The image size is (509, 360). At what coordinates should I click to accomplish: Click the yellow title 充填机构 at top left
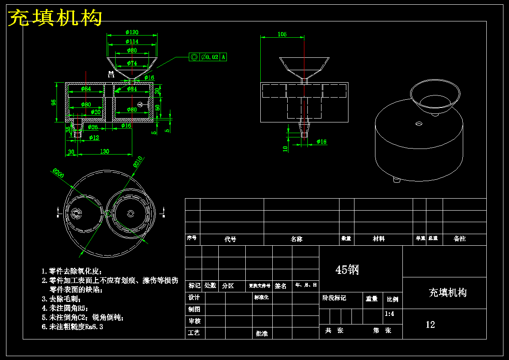click(x=56, y=18)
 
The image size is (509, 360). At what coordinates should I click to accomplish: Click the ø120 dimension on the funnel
click(x=132, y=33)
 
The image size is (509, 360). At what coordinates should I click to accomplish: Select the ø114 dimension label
click(x=132, y=42)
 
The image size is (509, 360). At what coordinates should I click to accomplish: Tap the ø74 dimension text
click(x=131, y=63)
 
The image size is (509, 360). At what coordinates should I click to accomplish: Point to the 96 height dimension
click(x=54, y=102)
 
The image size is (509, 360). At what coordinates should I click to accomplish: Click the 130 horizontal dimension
click(x=104, y=152)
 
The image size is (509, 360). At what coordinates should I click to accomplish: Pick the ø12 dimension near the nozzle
click(x=94, y=137)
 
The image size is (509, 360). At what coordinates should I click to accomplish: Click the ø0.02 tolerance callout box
click(x=208, y=57)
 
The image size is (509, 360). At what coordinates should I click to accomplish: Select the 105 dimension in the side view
click(x=282, y=34)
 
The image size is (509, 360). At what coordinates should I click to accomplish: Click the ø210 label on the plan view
click(x=138, y=162)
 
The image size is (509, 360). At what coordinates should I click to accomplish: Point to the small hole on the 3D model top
click(x=419, y=124)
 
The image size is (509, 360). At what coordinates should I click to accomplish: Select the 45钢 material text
click(x=347, y=270)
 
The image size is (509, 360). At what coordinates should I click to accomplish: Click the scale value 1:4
click(x=389, y=314)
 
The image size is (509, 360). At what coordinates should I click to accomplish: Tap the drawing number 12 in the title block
click(x=430, y=324)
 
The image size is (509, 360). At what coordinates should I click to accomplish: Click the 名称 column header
click(x=296, y=239)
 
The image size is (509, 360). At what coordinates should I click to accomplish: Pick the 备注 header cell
click(x=459, y=239)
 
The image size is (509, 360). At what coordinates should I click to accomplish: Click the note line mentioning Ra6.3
click(x=72, y=327)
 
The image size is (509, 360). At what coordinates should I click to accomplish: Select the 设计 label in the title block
click(x=194, y=297)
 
